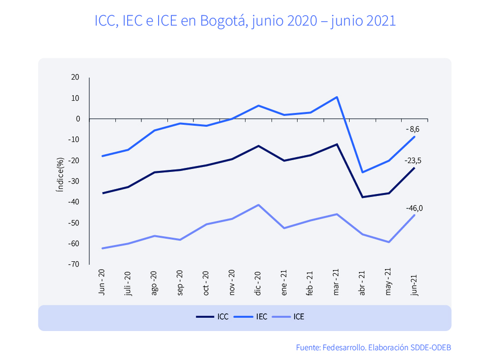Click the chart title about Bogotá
tap(245, 21)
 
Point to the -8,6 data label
tap(412, 129)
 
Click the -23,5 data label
tap(412, 160)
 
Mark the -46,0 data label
tap(414, 208)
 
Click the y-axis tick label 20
tap(75, 77)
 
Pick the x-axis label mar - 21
tap(337, 283)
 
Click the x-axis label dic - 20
tap(258, 283)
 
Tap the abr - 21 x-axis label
tap(363, 284)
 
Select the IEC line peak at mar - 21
tap(337, 97)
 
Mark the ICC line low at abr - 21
tap(363, 197)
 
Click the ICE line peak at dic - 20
tap(258, 205)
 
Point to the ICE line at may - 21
tap(389, 242)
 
